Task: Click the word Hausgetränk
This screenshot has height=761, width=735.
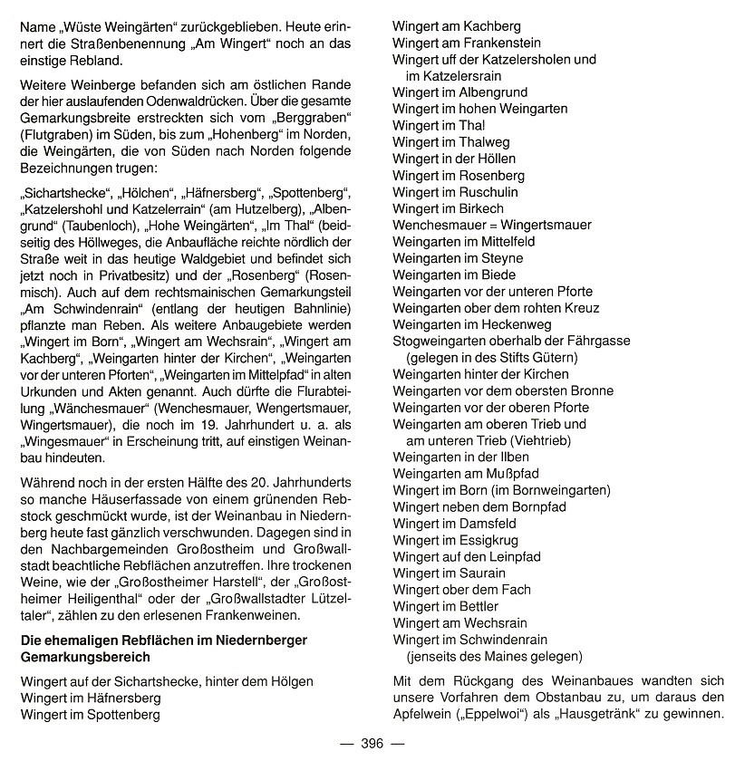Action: tap(638, 713)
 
